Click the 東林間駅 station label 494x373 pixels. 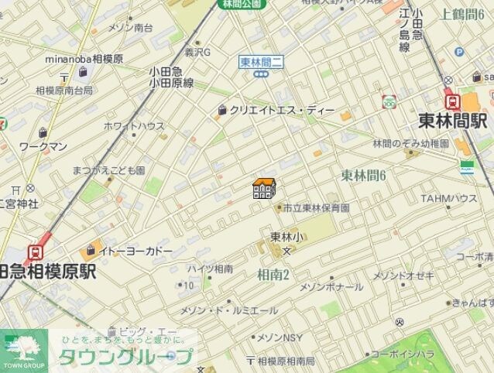(x=452, y=121)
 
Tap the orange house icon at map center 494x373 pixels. (x=264, y=188)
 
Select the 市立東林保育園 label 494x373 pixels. (x=316, y=207)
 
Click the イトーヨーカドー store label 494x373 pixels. (x=136, y=250)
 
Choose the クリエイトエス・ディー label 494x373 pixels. (x=282, y=110)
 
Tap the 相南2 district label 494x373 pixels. (x=273, y=274)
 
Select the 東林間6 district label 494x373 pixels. (x=363, y=176)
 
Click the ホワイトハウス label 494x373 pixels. (x=133, y=125)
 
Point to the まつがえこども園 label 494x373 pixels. (x=108, y=169)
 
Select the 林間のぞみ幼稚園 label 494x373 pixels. (x=410, y=143)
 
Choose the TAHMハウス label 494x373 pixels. (x=448, y=199)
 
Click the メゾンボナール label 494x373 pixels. (x=331, y=286)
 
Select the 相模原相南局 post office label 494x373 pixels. (x=286, y=361)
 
